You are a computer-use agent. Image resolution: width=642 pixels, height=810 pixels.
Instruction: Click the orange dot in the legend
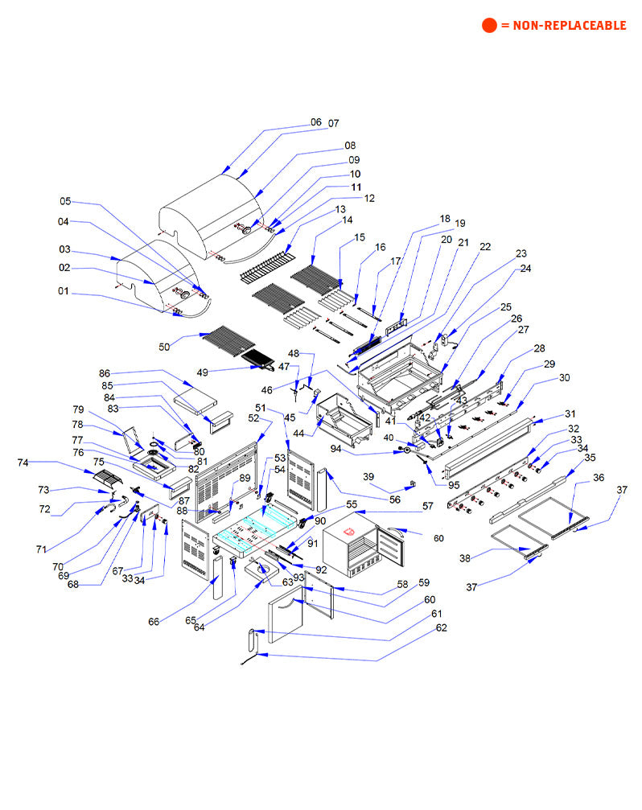tap(490, 25)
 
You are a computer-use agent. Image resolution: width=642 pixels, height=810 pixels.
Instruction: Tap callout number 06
tap(315, 122)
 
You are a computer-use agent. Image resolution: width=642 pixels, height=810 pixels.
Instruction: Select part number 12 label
tap(368, 198)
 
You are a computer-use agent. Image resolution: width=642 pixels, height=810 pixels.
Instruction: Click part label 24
tap(525, 269)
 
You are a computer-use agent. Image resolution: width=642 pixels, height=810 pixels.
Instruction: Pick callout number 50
tap(164, 347)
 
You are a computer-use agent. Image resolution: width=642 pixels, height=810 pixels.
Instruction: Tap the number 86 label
tap(104, 374)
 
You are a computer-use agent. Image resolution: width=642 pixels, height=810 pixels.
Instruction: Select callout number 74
tap(23, 463)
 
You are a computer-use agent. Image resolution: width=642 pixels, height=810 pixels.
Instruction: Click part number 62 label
tap(441, 627)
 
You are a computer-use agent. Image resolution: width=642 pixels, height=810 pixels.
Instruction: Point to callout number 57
tap(427, 507)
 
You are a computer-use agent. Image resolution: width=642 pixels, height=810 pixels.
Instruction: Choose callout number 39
tap(369, 477)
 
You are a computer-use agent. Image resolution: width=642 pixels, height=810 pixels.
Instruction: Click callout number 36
tap(598, 478)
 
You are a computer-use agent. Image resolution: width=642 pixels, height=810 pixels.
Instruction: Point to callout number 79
tap(78, 409)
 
